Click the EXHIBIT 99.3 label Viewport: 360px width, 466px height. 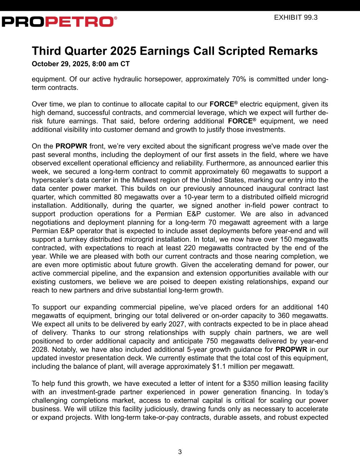tap(296, 17)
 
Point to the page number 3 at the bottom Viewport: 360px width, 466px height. tap(180, 452)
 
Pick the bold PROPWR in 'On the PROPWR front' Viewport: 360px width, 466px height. tap(71, 146)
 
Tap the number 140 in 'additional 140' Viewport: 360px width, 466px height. tap(322, 307)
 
